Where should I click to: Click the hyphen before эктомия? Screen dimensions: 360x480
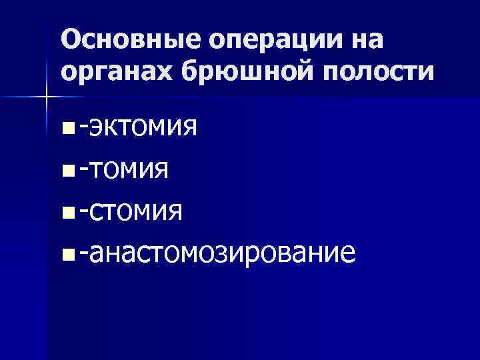(83, 125)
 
